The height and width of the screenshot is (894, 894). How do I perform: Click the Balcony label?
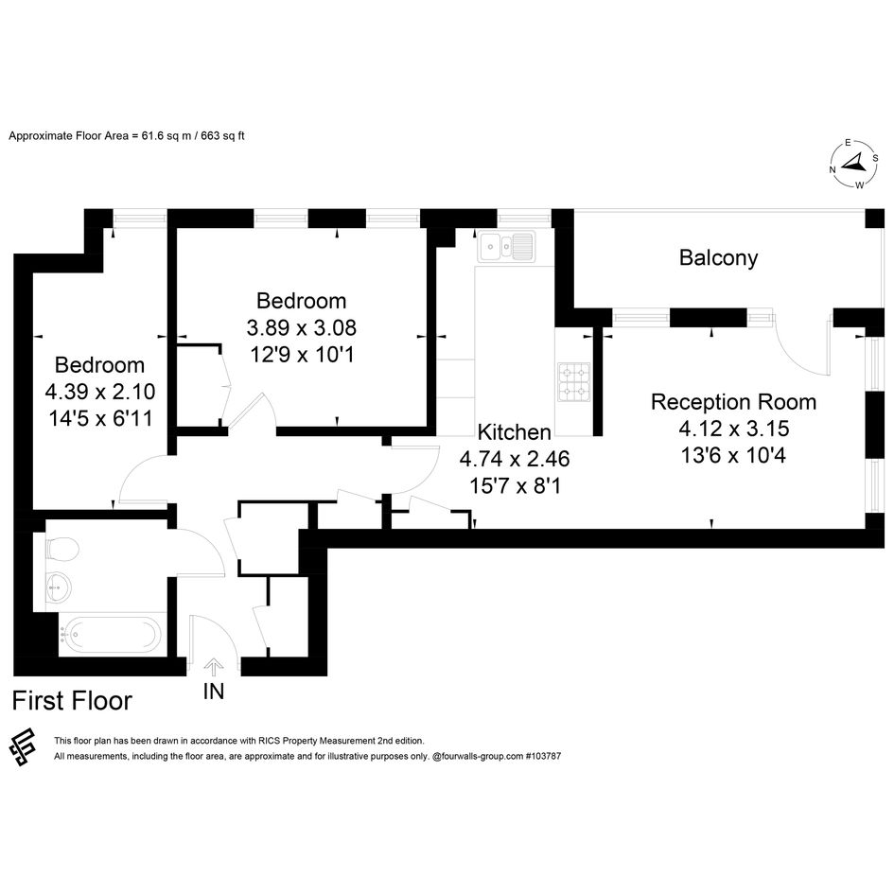pos(718,258)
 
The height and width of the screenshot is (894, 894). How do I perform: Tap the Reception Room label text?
pos(733,402)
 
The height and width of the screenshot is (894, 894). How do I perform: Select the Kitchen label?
pos(515,432)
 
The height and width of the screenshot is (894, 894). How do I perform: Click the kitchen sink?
pos(506,246)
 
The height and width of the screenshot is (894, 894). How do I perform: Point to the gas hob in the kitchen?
pos(574,381)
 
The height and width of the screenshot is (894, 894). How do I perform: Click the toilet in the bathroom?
pos(61,550)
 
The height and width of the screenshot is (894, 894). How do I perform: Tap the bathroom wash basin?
pos(59,587)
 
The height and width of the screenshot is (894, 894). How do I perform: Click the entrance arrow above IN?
pos(214,667)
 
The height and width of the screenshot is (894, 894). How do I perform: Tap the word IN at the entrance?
pos(214,692)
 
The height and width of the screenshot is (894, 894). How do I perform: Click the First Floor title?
pos(72,701)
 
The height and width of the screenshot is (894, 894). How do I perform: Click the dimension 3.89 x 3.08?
pos(302,327)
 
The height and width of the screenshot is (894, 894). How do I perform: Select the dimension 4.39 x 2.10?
pos(99,392)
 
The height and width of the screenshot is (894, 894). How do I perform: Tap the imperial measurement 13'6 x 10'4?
pos(733,456)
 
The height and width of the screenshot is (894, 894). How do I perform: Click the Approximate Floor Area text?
pos(127,136)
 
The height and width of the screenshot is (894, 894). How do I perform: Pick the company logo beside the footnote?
pos(24,747)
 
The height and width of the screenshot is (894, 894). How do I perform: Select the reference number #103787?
pos(543,757)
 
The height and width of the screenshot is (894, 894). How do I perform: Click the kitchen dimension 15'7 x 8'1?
pos(515,485)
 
